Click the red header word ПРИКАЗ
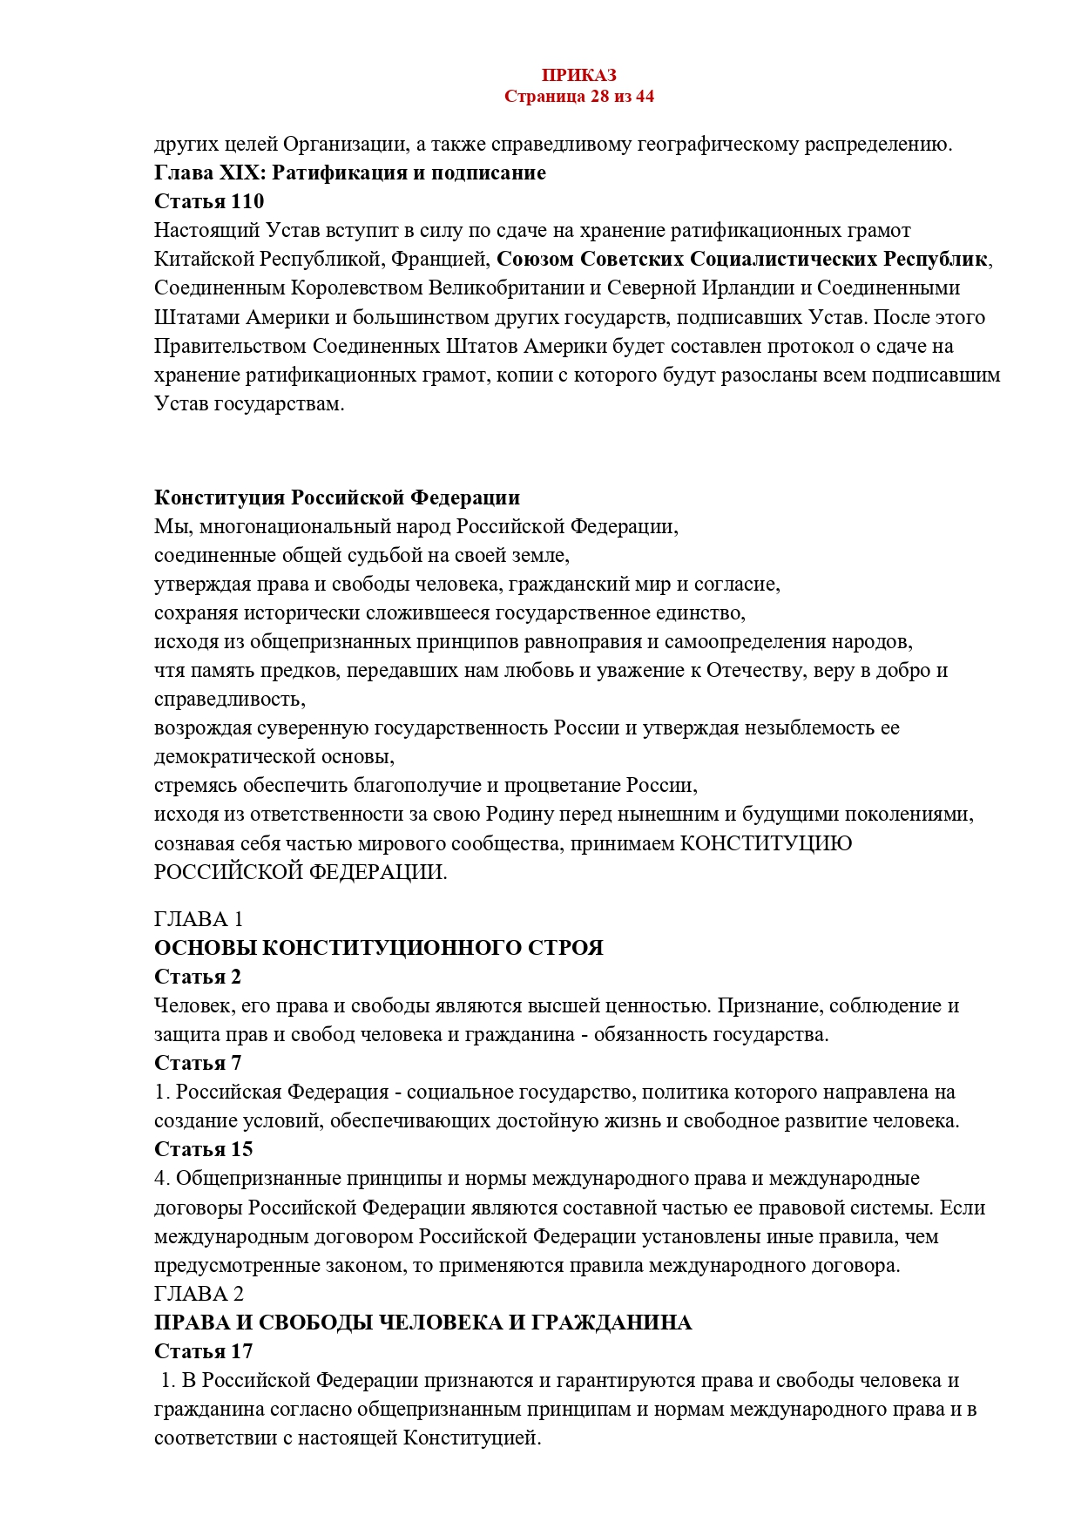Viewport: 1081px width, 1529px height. (x=578, y=76)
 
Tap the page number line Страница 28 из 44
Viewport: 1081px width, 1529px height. (x=578, y=96)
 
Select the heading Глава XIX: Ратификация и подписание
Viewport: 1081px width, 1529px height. (x=349, y=173)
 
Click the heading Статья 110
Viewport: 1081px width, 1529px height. (x=209, y=201)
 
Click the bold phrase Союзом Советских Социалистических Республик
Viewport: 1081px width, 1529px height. (x=742, y=259)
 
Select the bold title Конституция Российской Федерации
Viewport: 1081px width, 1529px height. (x=337, y=497)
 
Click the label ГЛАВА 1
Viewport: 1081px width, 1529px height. (x=199, y=919)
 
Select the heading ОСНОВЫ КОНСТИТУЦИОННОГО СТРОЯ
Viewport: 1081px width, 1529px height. (x=379, y=948)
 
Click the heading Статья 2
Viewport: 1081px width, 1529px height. (x=198, y=977)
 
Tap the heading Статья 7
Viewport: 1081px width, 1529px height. (x=198, y=1063)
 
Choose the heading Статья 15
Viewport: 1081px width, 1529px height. (x=203, y=1149)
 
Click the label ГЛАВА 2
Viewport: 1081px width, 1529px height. (x=199, y=1294)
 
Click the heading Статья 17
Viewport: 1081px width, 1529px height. (x=203, y=1351)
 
